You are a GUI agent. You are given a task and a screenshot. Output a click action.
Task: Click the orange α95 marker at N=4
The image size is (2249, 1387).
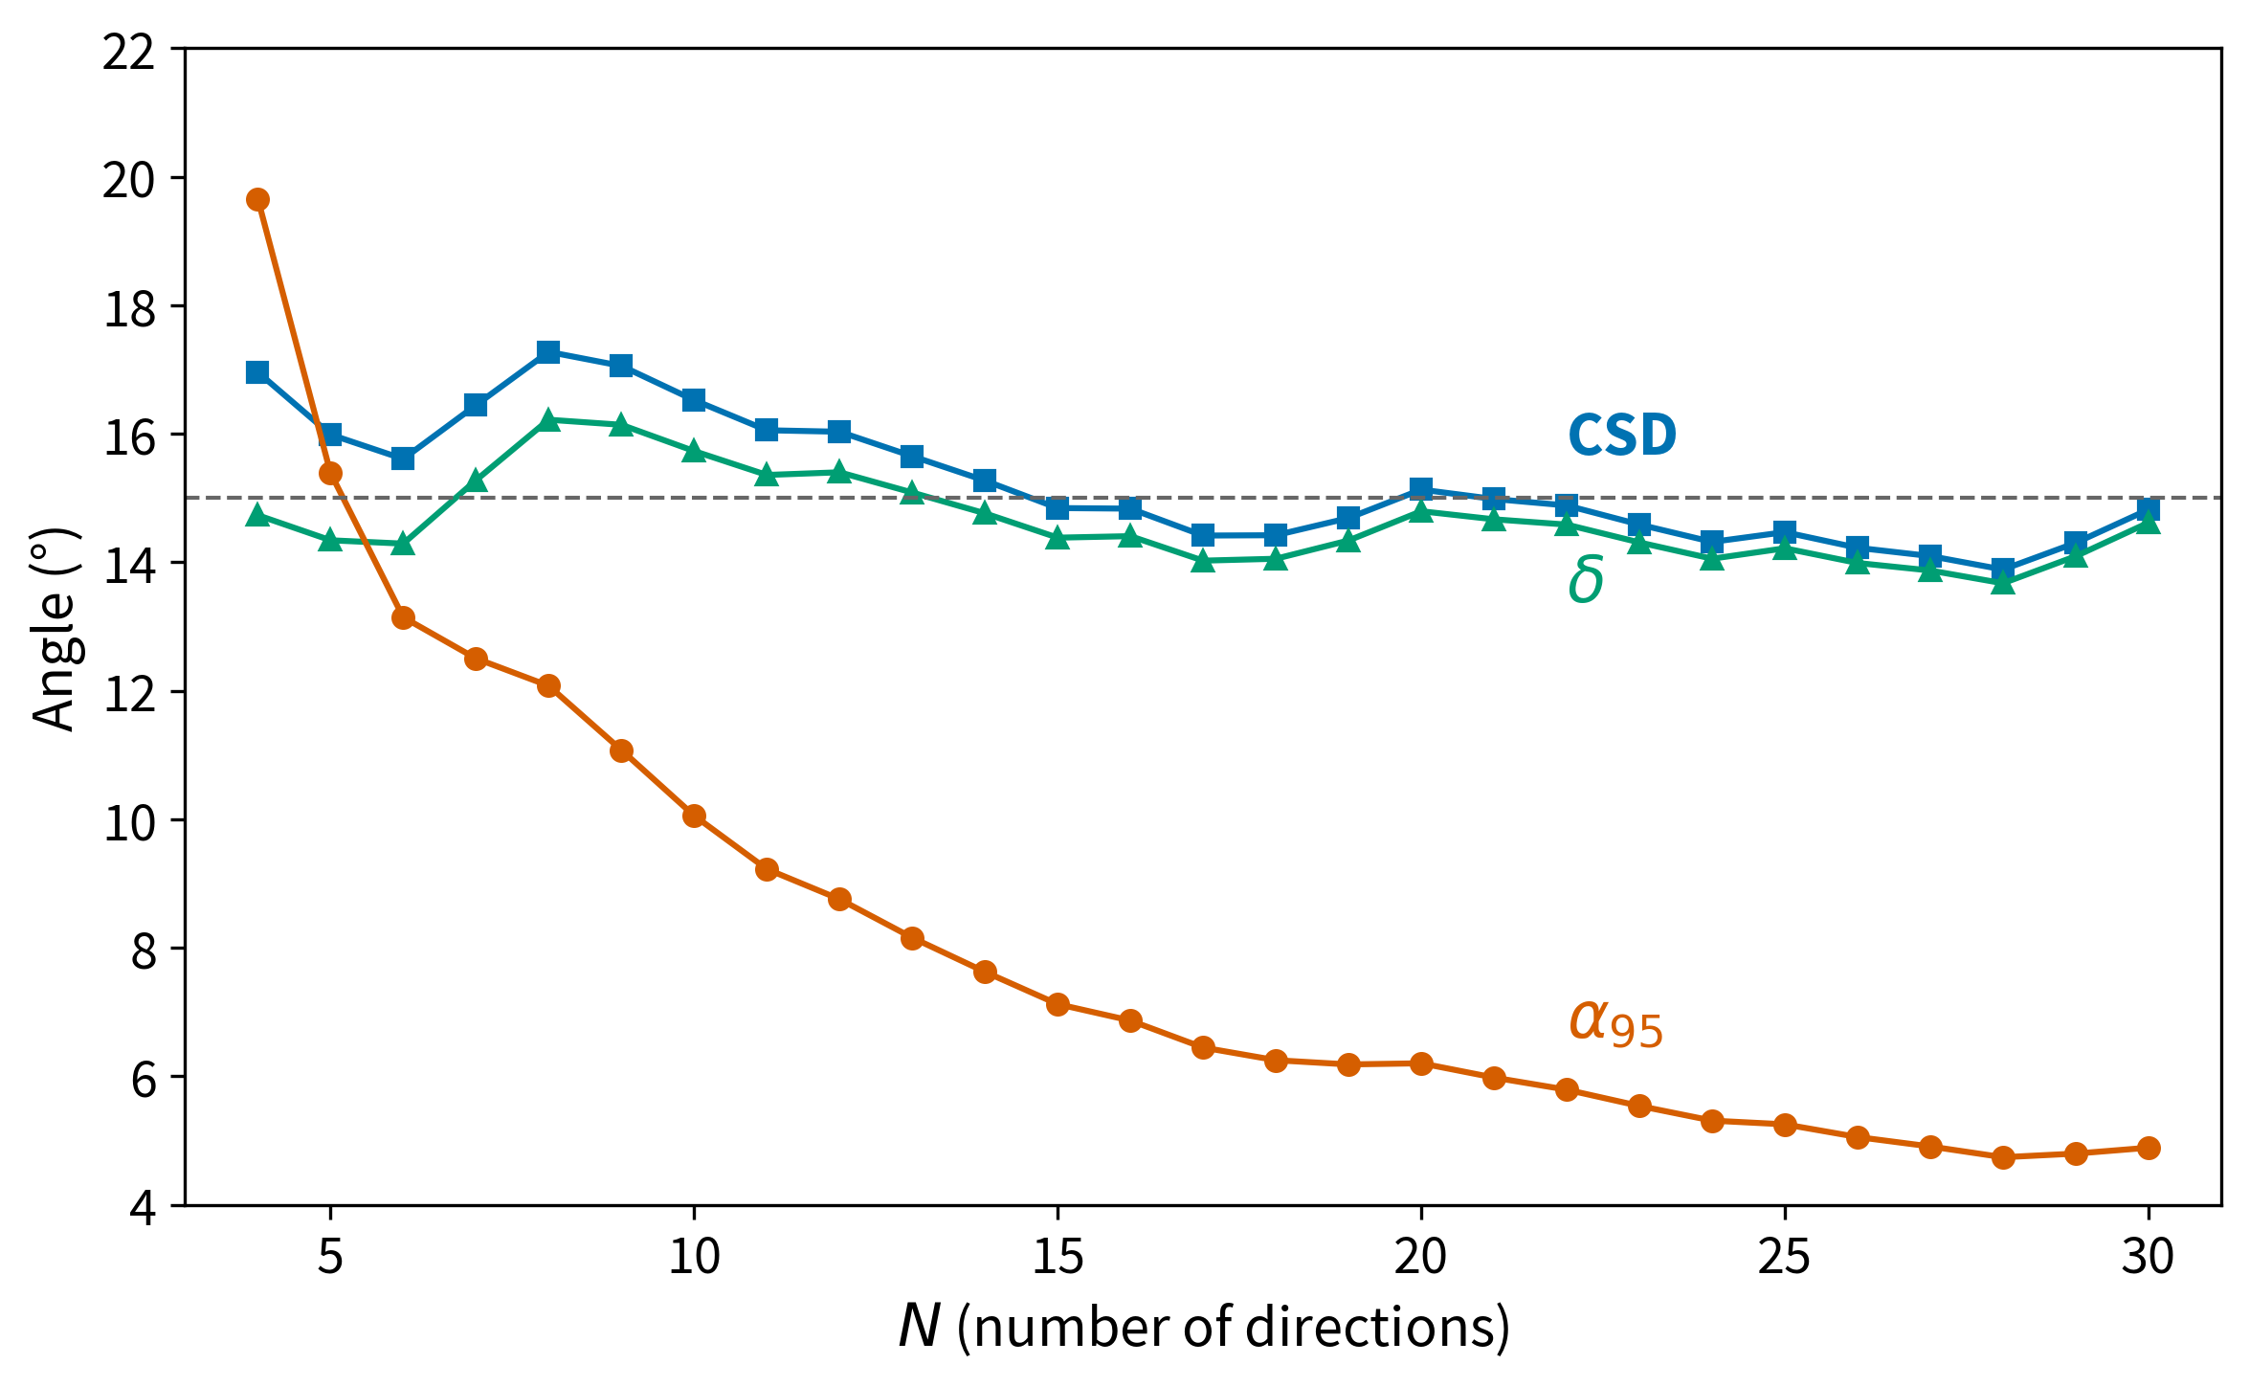coord(257,199)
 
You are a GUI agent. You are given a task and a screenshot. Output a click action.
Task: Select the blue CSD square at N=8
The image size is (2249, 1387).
coord(548,352)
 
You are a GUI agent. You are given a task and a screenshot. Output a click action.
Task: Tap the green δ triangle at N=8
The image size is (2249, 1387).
coord(548,420)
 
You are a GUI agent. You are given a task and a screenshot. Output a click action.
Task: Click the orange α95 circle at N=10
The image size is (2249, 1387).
coord(694,816)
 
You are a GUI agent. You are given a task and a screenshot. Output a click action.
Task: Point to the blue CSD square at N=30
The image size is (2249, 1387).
coord(2149,509)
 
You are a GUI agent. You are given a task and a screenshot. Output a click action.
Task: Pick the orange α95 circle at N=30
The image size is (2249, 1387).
coord(2149,1148)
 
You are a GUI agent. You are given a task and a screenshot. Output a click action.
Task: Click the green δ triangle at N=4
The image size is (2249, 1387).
coord(257,516)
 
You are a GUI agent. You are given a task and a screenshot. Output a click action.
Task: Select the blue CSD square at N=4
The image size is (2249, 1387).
coord(257,372)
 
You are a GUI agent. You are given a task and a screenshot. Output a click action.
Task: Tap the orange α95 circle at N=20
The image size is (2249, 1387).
coord(1421,1063)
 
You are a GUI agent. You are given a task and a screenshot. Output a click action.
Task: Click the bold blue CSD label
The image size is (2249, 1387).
coord(1622,436)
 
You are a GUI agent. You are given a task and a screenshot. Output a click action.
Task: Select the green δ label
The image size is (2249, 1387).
coord(1586,580)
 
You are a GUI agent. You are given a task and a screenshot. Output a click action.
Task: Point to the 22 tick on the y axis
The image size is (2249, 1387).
coord(129,50)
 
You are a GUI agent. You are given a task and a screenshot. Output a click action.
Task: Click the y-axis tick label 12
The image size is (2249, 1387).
coord(129,692)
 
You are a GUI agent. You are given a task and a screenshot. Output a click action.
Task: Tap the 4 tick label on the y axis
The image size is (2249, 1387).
coord(144,1207)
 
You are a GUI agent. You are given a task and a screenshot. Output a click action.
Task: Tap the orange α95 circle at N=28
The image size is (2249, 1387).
coord(2003,1157)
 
